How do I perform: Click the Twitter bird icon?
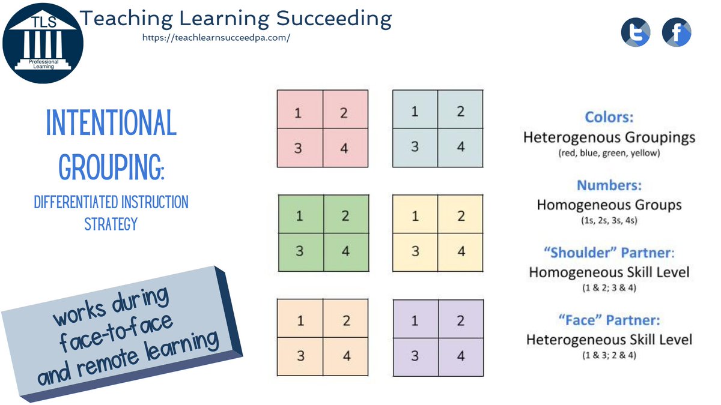[x=636, y=32]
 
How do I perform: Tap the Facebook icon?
[x=677, y=32]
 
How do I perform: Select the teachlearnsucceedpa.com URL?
[x=216, y=37]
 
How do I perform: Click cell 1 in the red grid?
[x=299, y=113]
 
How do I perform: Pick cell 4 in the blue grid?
[x=460, y=146]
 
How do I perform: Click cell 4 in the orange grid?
[x=346, y=355]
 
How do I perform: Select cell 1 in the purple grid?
[x=415, y=320]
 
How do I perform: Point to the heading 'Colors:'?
[x=609, y=118]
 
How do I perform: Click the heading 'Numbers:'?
[x=609, y=185]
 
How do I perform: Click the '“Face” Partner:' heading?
[x=609, y=320]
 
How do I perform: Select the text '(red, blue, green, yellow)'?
[x=609, y=153]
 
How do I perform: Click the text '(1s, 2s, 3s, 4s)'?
[x=609, y=220]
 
